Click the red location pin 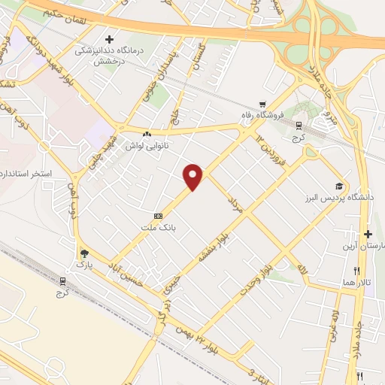pos(194,177)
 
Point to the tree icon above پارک pos(84,253)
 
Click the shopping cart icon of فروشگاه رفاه pos(262,105)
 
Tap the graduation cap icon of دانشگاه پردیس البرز pos(338,186)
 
